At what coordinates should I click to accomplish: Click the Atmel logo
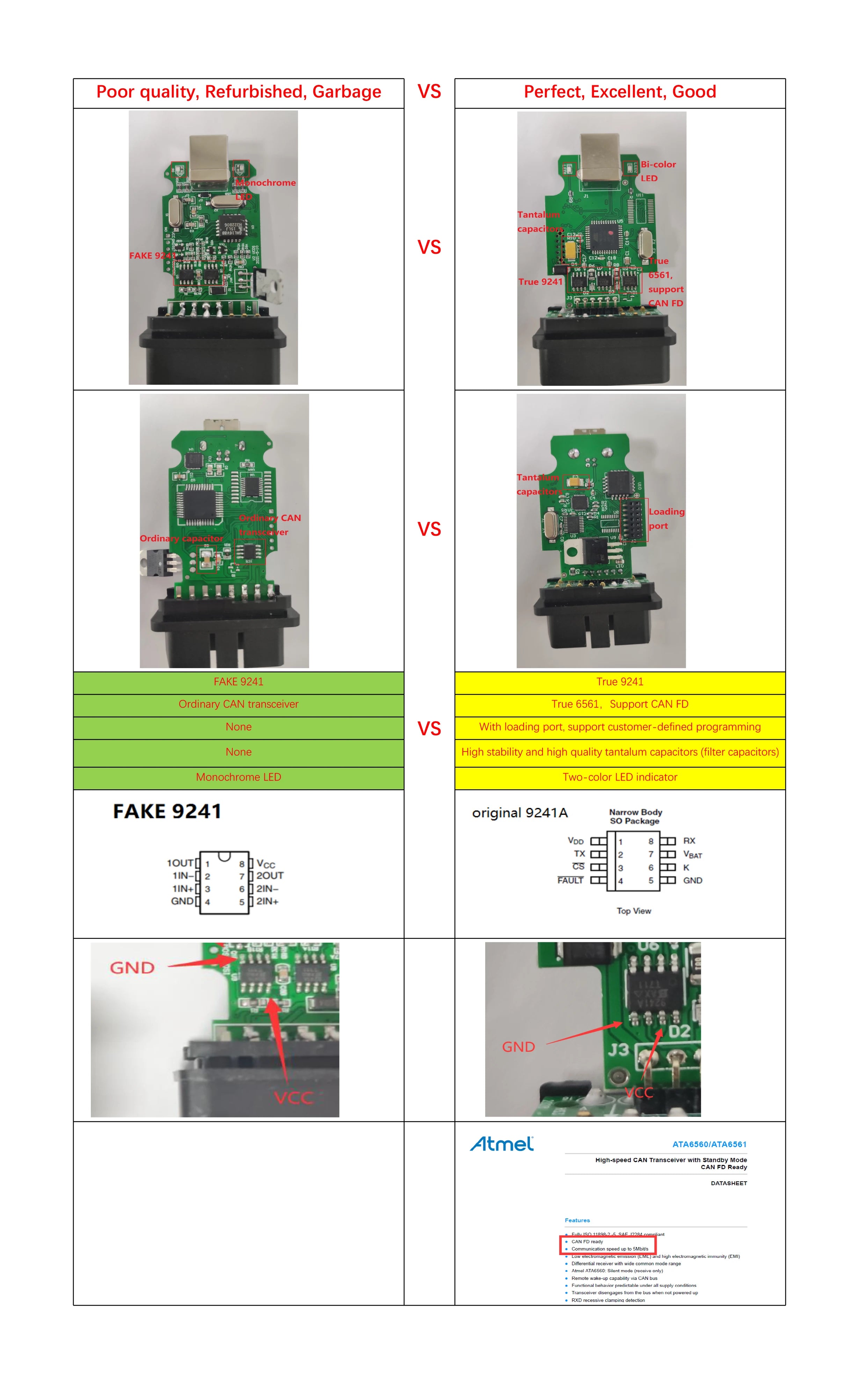pos(502,1144)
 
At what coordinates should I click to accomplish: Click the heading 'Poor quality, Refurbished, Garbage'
pos(239,92)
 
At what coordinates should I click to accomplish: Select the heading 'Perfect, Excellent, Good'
pos(619,92)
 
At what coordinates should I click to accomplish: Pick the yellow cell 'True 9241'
pos(619,682)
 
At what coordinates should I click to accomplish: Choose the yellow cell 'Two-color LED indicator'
pos(619,777)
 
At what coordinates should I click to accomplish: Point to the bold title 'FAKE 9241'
pos(167,811)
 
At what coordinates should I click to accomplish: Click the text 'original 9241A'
pos(519,813)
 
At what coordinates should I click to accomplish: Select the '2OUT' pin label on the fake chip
pos(269,876)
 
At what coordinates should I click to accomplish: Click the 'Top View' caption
pos(633,911)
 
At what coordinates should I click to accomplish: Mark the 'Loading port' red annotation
pos(666,518)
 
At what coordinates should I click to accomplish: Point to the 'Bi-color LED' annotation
pos(658,171)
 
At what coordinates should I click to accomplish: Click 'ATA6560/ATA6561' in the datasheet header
pos(709,1144)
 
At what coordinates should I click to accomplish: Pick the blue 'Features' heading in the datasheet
pos(577,1220)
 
